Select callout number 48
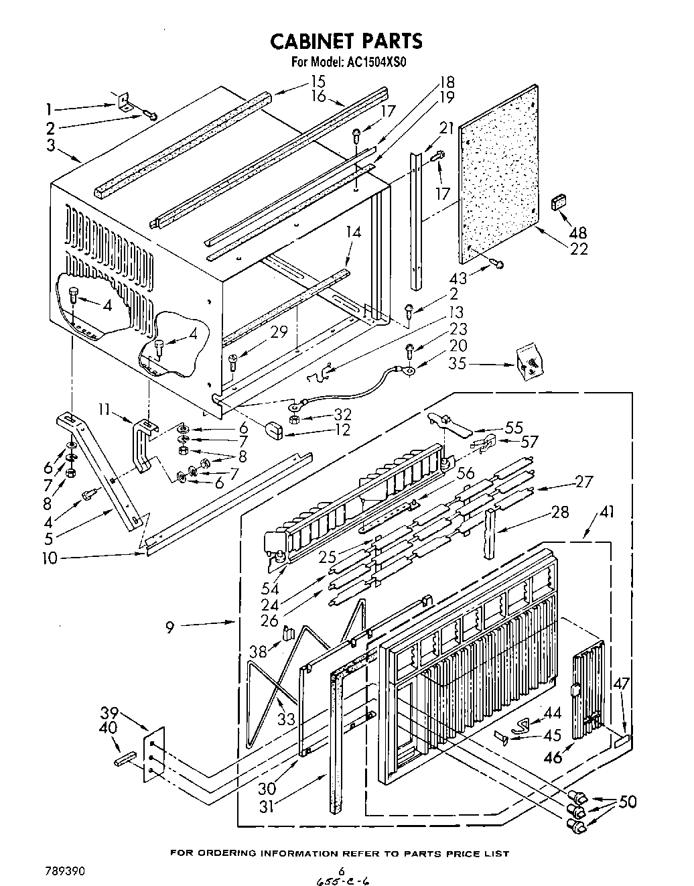[577, 233]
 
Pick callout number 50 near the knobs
[628, 802]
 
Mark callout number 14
[353, 232]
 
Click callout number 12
[342, 429]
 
